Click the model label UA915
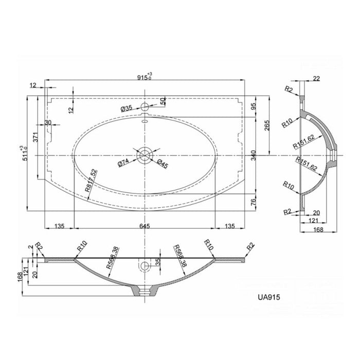pos(269,297)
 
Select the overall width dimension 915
pos(142,78)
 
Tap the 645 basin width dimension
pos(145,226)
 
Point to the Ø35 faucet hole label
pos(127,109)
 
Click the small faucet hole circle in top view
pos(145,106)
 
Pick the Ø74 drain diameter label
pos(123,163)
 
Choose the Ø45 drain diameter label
pos(163,164)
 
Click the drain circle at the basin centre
pos(145,155)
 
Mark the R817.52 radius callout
pos(91,181)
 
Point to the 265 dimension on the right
pos(267,125)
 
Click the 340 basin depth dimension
pos(253,155)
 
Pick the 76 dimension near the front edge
pos(253,202)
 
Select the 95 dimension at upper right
pos(253,106)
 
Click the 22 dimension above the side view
pos(316,79)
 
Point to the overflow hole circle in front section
pos(145,266)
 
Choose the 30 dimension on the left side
pos(48,122)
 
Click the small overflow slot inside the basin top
pos(145,121)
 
